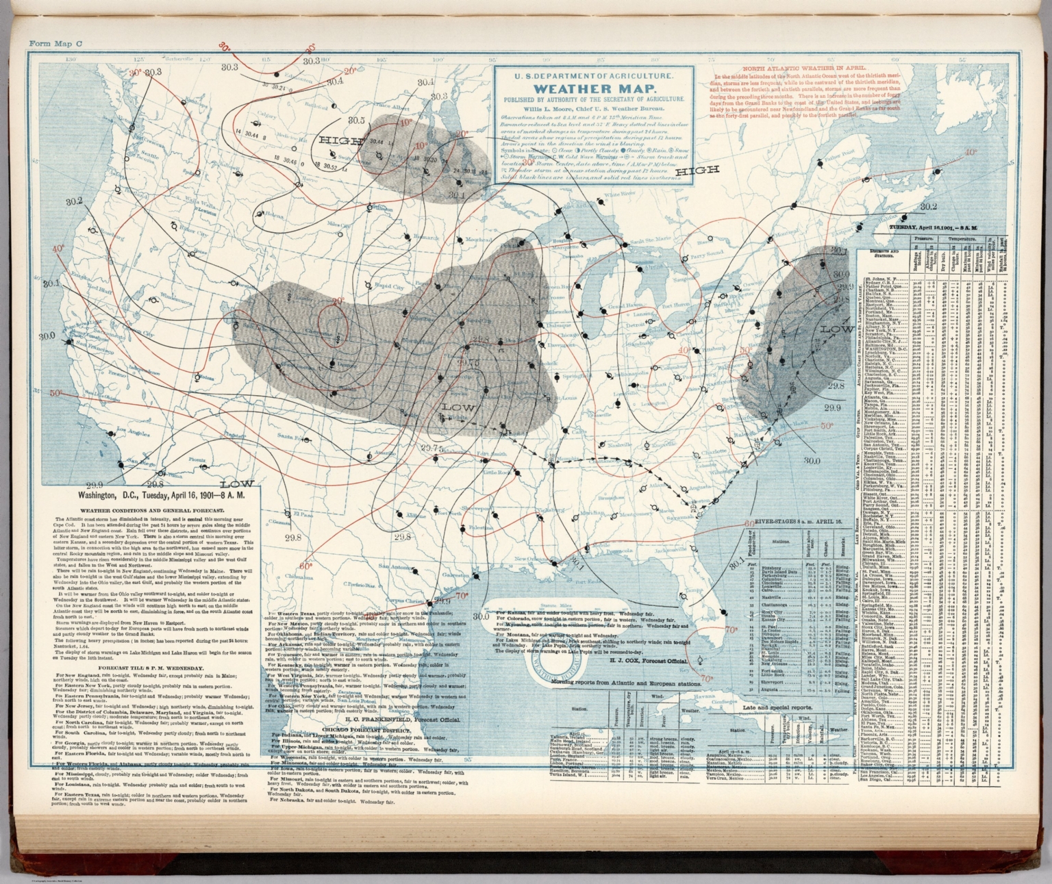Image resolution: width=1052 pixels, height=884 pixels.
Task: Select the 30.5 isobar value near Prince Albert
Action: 356,121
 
